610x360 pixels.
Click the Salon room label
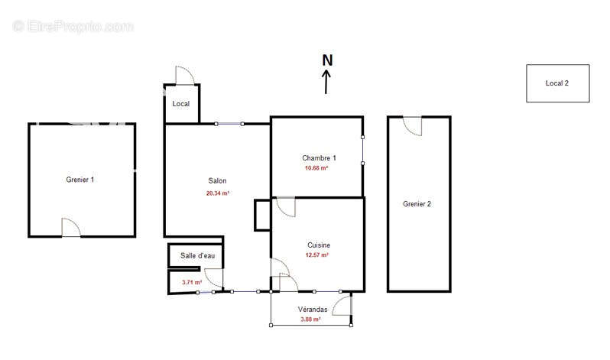[x=217, y=180]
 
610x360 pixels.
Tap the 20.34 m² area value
[x=217, y=193]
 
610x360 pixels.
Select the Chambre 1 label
[x=319, y=158]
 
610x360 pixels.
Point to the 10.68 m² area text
[x=316, y=168]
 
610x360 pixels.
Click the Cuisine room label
[x=319, y=245]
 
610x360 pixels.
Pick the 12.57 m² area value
[x=317, y=255]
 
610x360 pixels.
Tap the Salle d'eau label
[x=198, y=256]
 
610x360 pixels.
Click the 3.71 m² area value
[x=192, y=282]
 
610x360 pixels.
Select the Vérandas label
[x=313, y=310]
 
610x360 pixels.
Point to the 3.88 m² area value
[x=310, y=319]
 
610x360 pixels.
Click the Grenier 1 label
[x=79, y=180]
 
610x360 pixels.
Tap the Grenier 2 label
[x=417, y=204]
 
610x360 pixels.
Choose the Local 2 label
[x=556, y=83]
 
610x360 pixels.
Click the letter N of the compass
[x=328, y=60]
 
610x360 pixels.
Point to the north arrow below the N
[x=326, y=82]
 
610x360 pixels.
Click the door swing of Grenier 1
[x=71, y=227]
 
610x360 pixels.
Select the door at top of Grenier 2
[x=412, y=125]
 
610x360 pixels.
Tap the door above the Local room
[x=185, y=76]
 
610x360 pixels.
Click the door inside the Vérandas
[x=342, y=306]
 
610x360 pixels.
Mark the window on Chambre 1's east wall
[x=362, y=151]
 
